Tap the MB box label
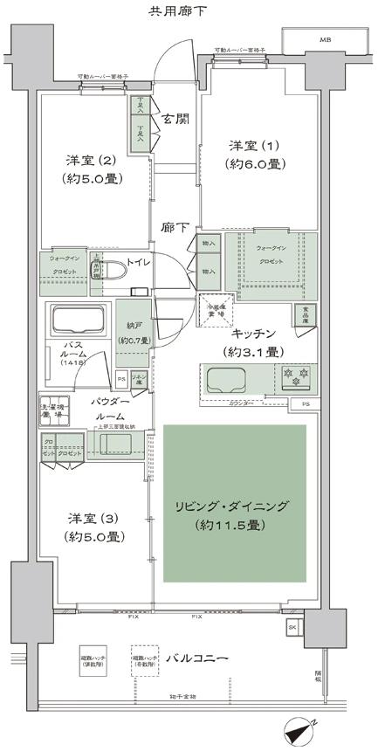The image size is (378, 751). click(x=325, y=40)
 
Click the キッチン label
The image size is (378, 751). click(x=255, y=334)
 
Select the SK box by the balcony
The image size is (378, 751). click(x=291, y=628)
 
